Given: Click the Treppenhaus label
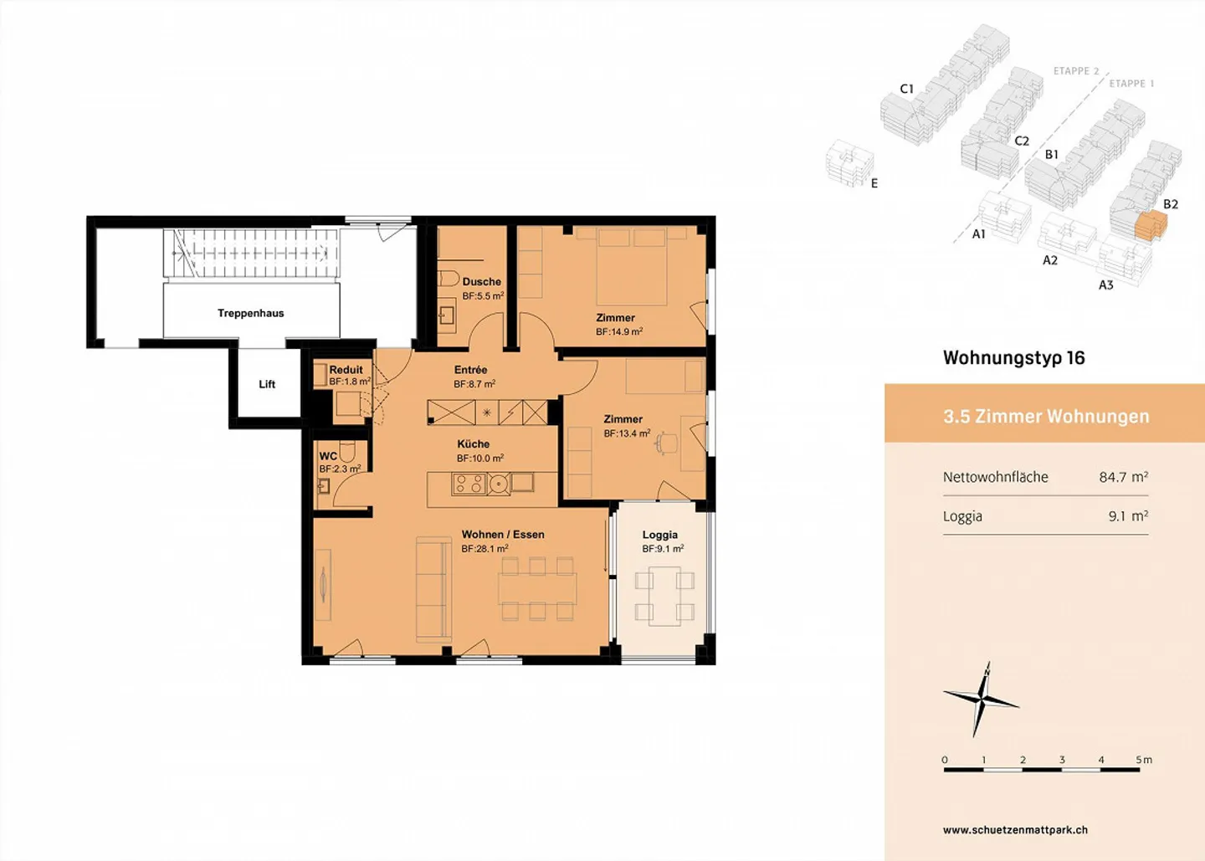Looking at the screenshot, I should pos(250,313).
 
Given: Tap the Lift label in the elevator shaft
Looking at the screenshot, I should pos(267,384).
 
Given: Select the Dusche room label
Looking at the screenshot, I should pos(481,282).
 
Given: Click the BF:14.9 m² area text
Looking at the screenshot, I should pos(619,332).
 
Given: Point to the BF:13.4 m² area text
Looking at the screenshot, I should pos(627,433).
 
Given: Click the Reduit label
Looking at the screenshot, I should pos(346,369).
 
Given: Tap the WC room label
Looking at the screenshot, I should pos(328,456).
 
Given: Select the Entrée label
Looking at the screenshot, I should pos(470,370).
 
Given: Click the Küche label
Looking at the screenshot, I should pos(473,443).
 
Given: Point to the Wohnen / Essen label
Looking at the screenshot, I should pos(503,535).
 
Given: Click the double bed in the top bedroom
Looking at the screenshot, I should pos(632,266).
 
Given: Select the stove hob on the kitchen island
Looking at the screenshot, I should pos(469,484).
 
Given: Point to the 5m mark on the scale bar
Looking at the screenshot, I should pos(1143,760).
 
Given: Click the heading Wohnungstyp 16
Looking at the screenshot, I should pos(1013,358).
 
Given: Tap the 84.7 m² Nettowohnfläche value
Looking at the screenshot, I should pos(1123,477).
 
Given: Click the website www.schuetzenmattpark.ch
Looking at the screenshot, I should pos(1015,830).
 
